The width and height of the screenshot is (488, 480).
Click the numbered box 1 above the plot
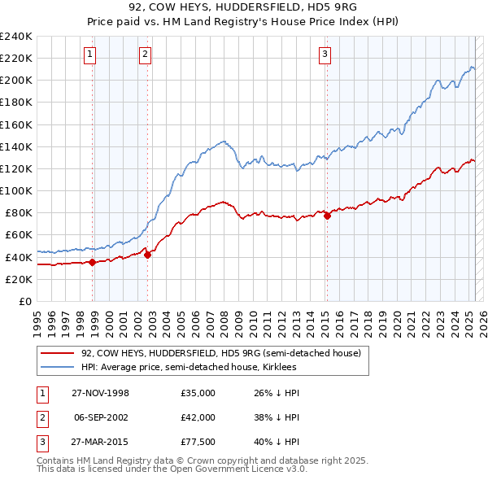tap(89, 55)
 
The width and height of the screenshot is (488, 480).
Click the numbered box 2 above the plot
tap(145, 55)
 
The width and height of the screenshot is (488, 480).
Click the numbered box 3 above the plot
tap(325, 55)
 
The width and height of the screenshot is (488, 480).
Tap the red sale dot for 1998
tap(93, 262)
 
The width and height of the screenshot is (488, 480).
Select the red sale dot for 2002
tap(147, 255)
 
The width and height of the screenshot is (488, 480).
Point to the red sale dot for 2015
tap(327, 216)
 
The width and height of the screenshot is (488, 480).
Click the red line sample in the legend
tap(56, 353)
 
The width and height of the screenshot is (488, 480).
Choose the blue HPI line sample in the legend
tap(56, 367)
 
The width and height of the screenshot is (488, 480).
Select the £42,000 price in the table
tap(198, 417)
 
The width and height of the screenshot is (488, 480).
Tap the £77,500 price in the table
tap(198, 442)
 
